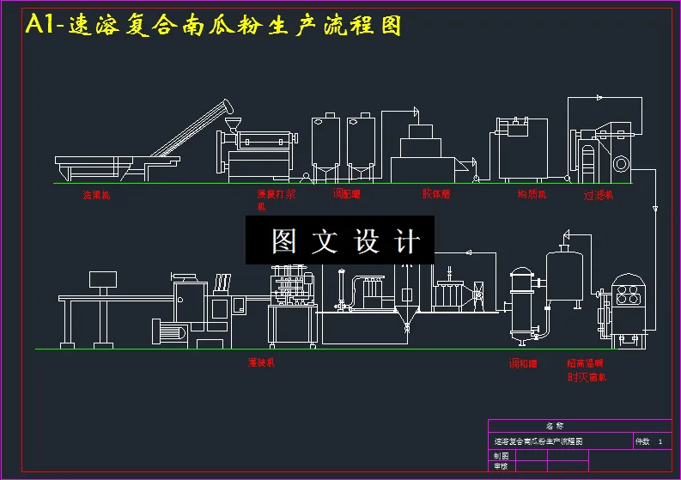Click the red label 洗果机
(96, 195)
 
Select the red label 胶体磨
(436, 195)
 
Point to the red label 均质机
(532, 195)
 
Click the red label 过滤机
(599, 195)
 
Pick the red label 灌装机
(261, 362)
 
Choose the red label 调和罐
(523, 363)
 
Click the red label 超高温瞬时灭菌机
(587, 370)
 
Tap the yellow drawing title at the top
(214, 25)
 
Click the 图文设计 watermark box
(340, 240)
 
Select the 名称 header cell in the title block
(555, 426)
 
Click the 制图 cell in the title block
(501, 455)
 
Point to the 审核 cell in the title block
(501, 466)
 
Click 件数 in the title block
(642, 441)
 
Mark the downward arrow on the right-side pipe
(655, 208)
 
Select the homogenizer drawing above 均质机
(518, 148)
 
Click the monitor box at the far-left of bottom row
(103, 279)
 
